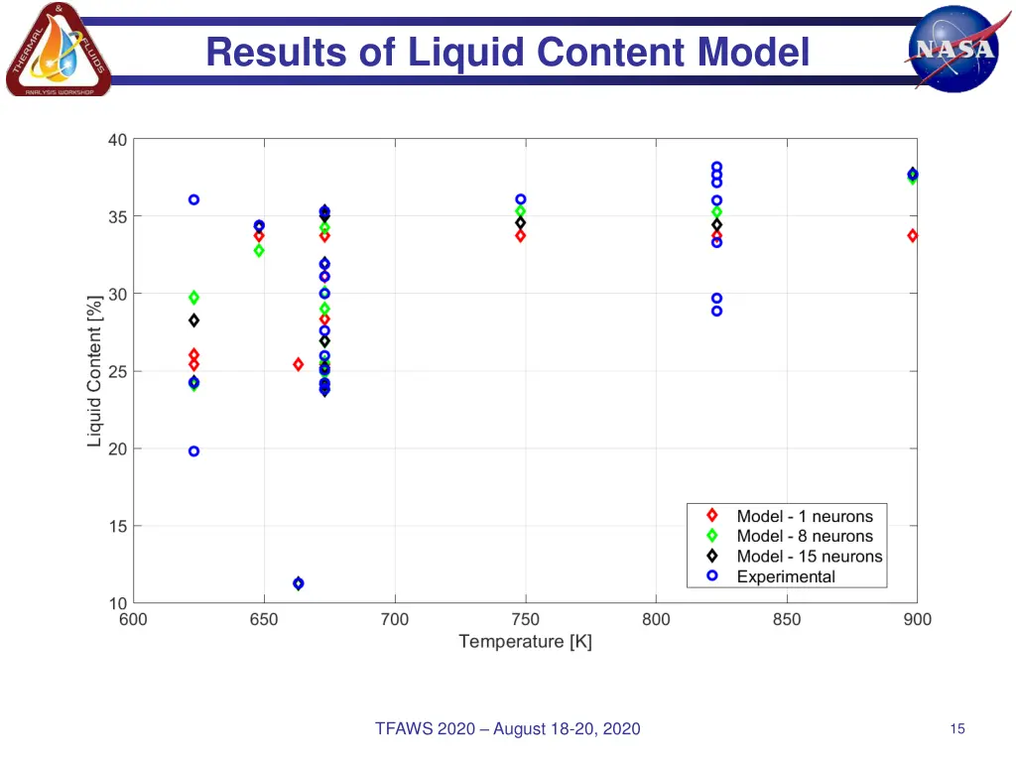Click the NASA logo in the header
click(x=953, y=49)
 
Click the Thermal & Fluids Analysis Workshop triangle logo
click(x=58, y=51)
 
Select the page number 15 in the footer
click(x=956, y=729)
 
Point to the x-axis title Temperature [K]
click(x=525, y=642)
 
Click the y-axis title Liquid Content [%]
click(x=95, y=371)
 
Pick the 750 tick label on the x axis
click(x=525, y=620)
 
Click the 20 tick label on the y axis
click(x=117, y=448)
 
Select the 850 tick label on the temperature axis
click(x=786, y=620)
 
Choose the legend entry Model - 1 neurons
click(x=805, y=516)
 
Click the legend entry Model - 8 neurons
click(x=805, y=536)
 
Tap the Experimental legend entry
click(x=786, y=576)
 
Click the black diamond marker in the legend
click(x=711, y=556)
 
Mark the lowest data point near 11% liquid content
click(x=298, y=583)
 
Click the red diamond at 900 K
click(x=912, y=235)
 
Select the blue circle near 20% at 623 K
click(x=193, y=451)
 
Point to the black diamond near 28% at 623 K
click(x=193, y=320)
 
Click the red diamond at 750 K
click(x=520, y=235)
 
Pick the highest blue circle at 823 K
click(x=716, y=167)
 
